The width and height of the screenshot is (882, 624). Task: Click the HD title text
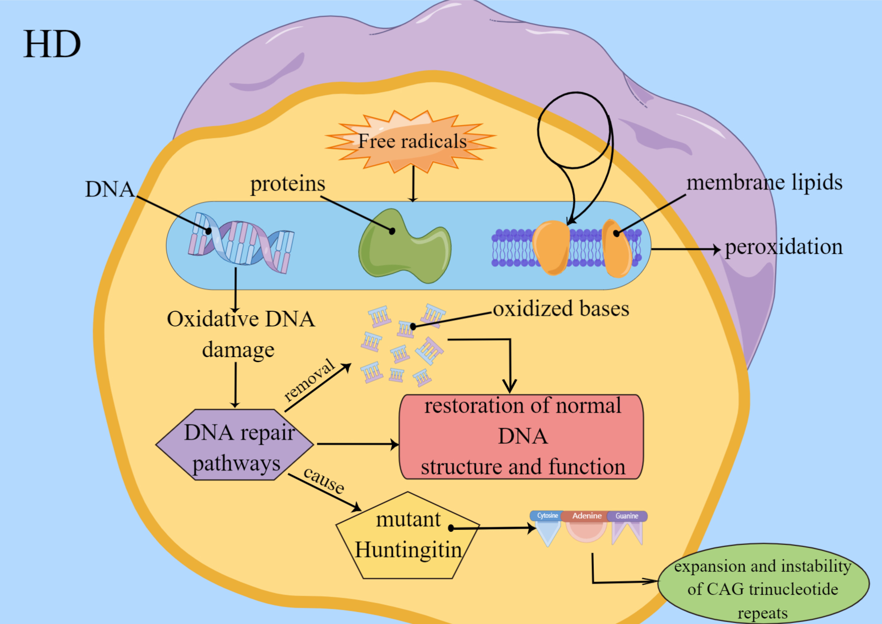(52, 44)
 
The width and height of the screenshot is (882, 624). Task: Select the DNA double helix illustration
(241, 243)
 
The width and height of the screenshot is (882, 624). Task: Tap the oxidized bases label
(561, 309)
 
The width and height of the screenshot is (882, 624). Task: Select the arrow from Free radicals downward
(413, 184)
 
